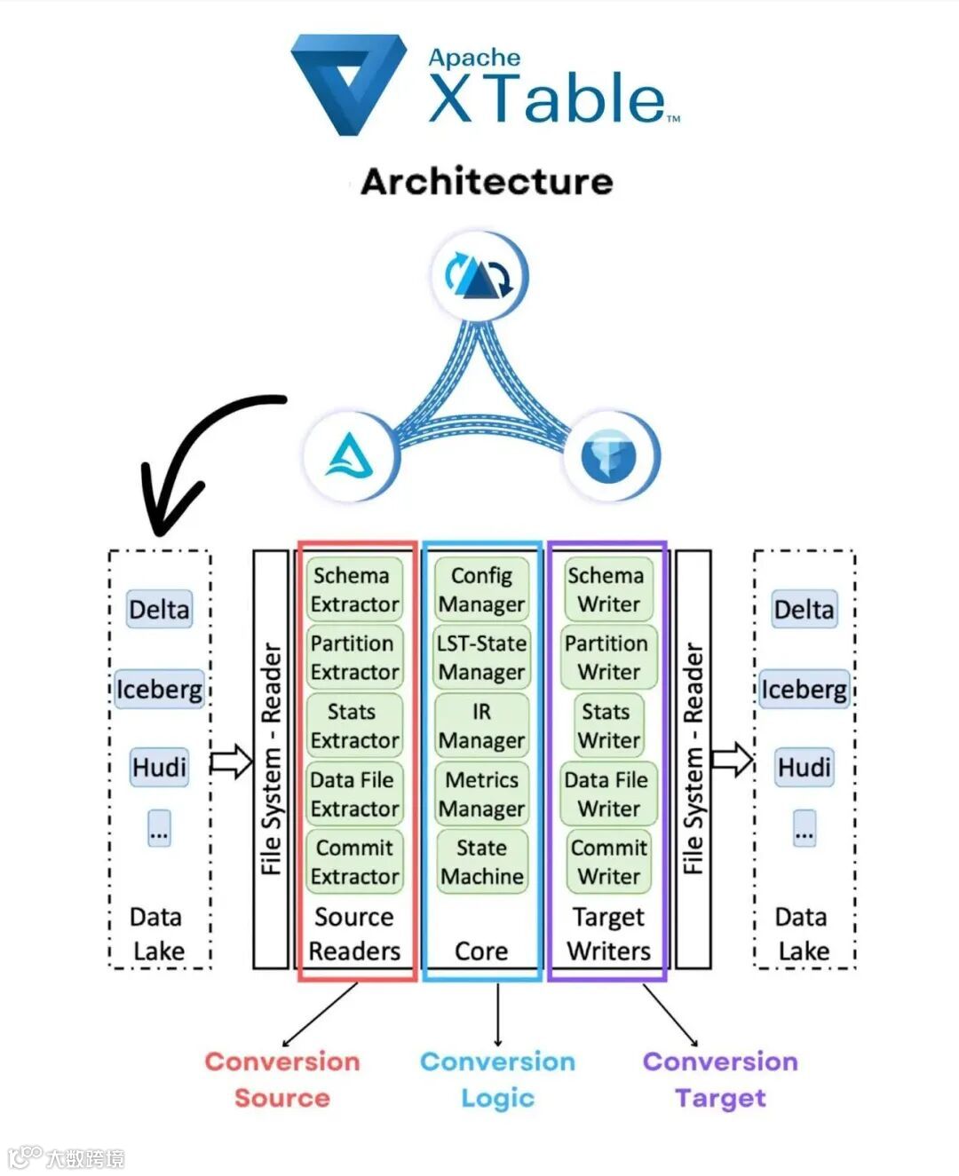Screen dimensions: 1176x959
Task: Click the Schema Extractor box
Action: pyautogui.click(x=354, y=589)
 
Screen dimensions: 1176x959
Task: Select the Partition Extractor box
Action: pyautogui.click(x=354, y=658)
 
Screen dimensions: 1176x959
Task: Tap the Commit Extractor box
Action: pyautogui.click(x=354, y=862)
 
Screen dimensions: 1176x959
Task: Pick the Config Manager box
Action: pyautogui.click(x=481, y=589)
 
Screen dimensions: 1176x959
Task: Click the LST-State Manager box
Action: pyautogui.click(x=481, y=658)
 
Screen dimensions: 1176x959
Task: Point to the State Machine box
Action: pyautogui.click(x=481, y=862)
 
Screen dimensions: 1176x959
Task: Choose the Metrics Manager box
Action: pyautogui.click(x=481, y=793)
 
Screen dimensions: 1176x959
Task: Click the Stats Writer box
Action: pyautogui.click(x=607, y=725)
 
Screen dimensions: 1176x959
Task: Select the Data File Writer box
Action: pyautogui.click(x=607, y=793)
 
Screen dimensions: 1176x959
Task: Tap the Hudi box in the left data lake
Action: pyautogui.click(x=159, y=767)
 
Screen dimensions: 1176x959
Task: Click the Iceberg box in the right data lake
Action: pyautogui.click(x=804, y=690)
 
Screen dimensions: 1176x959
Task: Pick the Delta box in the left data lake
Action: pyautogui.click(x=159, y=610)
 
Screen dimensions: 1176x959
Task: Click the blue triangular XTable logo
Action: pyautogui.click(x=347, y=84)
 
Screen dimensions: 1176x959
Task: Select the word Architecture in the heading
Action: pyautogui.click(x=487, y=182)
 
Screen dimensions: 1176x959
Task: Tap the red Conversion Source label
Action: pyautogui.click(x=281, y=1079)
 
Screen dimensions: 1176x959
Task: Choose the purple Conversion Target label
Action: pyautogui.click(x=720, y=1079)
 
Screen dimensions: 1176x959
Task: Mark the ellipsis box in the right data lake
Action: pyautogui.click(x=804, y=828)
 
